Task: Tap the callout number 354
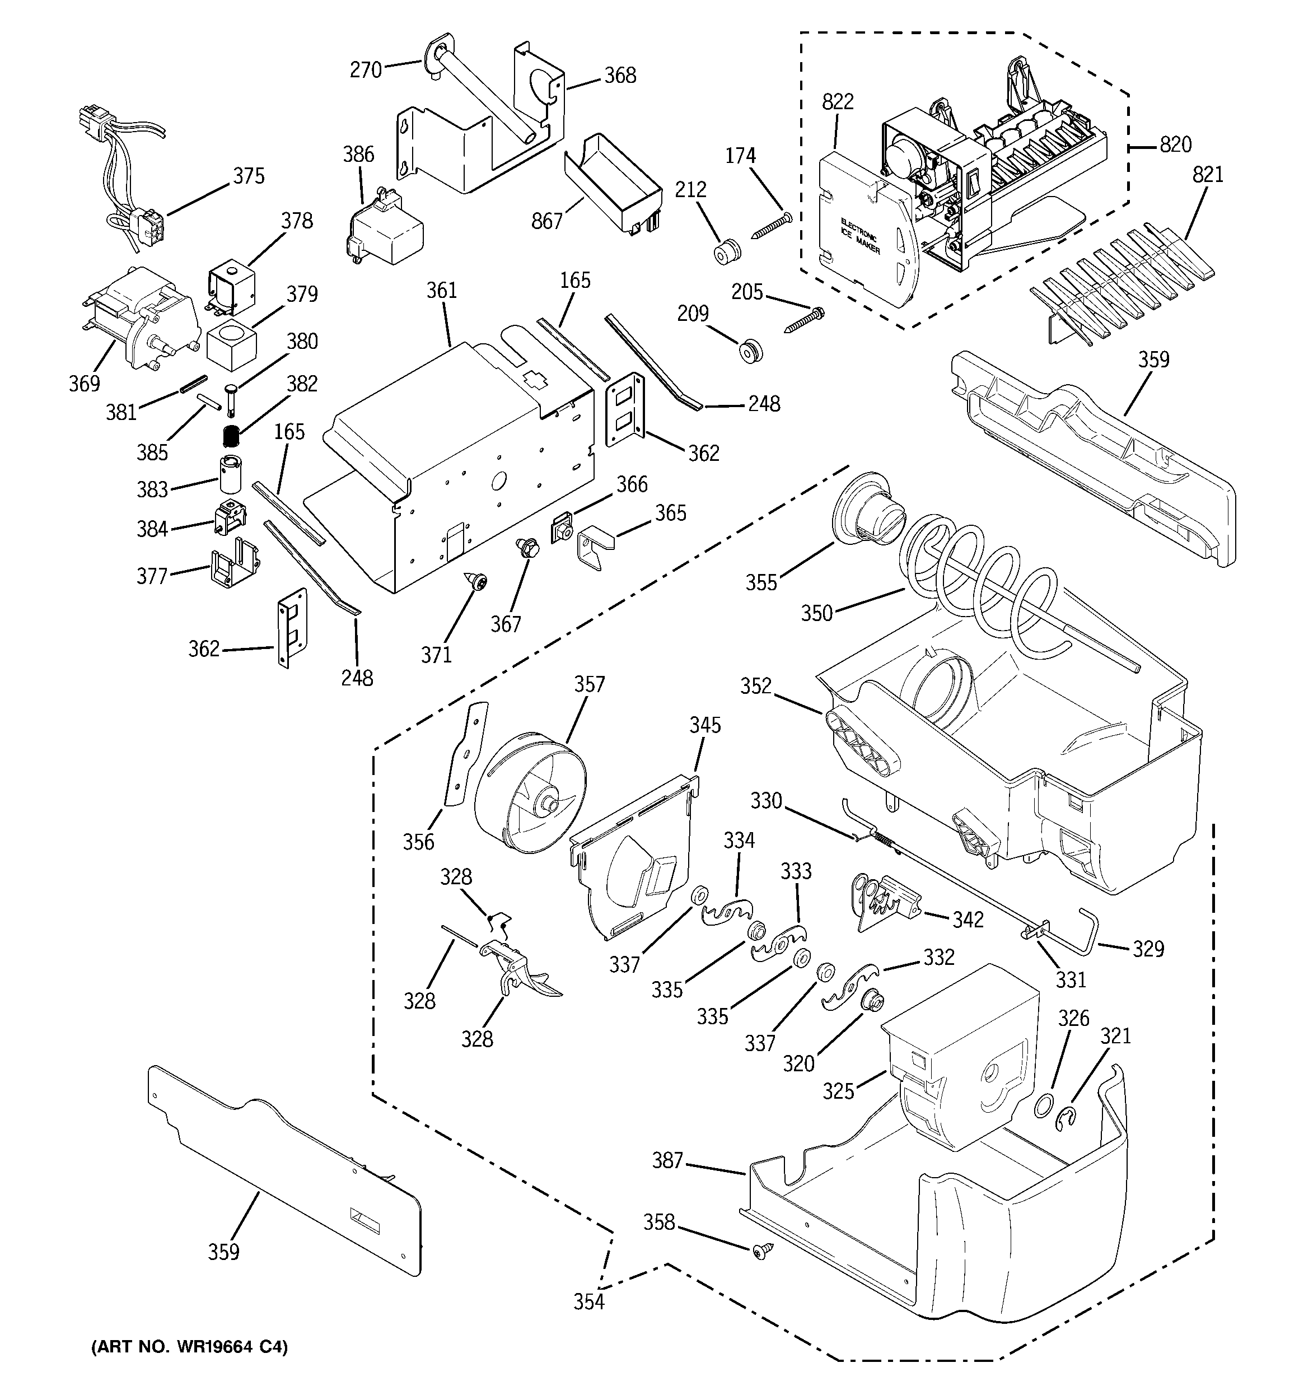click(589, 1301)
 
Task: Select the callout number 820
click(1176, 145)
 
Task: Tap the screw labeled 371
click(477, 581)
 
